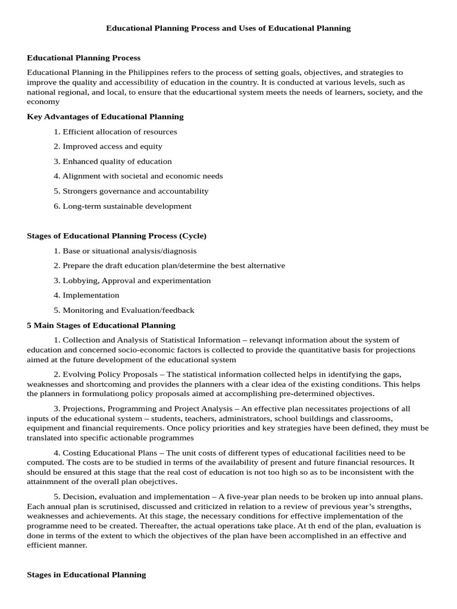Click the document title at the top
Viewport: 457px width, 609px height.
pos(228,28)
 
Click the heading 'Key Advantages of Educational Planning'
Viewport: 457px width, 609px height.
pos(105,117)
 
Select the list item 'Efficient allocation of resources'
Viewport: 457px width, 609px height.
pos(119,131)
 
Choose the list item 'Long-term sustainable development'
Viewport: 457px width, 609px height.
pos(127,206)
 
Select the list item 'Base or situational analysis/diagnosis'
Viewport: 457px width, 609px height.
pos(129,251)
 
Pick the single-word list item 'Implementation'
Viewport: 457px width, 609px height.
pos(90,295)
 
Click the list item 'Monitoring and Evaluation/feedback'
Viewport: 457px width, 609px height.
pos(128,310)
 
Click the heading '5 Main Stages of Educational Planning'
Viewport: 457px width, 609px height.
pos(101,325)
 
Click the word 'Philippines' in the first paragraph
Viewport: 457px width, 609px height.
pos(145,73)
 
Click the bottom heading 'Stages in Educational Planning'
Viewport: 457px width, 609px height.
pos(86,575)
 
